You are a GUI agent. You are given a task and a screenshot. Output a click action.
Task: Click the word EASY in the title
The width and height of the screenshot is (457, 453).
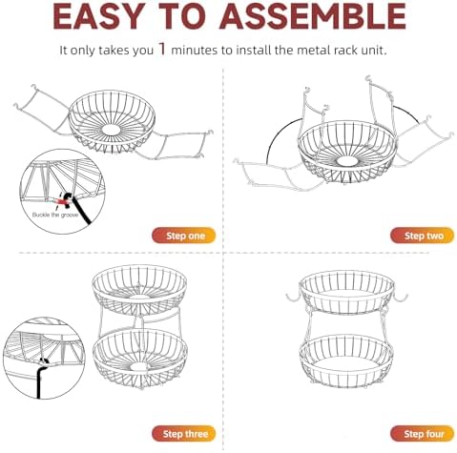coord(97,16)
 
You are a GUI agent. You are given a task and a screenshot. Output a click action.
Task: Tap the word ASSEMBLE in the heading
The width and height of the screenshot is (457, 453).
coord(312,16)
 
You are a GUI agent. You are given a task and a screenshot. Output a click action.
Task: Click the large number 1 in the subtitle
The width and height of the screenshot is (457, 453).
coord(162,49)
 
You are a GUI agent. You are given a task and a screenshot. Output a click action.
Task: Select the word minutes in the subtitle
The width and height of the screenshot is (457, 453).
coord(195,51)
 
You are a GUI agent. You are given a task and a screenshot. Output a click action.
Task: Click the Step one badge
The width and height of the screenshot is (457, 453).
coord(184,236)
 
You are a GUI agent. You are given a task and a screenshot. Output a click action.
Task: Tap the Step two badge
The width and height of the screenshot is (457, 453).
coord(422,236)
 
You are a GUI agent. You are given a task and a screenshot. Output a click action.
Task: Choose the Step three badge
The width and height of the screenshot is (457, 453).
coord(184,434)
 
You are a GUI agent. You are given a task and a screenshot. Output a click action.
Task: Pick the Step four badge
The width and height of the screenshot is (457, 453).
coord(422,434)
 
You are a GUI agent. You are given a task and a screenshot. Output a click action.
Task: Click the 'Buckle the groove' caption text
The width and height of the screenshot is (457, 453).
coord(55,216)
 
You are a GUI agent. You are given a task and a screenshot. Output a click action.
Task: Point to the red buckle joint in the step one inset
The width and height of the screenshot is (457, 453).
coord(61,201)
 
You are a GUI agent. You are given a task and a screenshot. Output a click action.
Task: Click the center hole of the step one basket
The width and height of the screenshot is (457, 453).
coord(111,129)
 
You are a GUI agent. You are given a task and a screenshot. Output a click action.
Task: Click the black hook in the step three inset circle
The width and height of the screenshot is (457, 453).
coord(40,375)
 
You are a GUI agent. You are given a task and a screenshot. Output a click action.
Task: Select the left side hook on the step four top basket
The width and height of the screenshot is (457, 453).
coord(294,297)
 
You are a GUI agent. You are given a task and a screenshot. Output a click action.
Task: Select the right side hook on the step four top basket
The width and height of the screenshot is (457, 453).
coord(400,297)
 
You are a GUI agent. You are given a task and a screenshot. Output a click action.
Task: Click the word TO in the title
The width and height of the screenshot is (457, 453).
coord(180,16)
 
